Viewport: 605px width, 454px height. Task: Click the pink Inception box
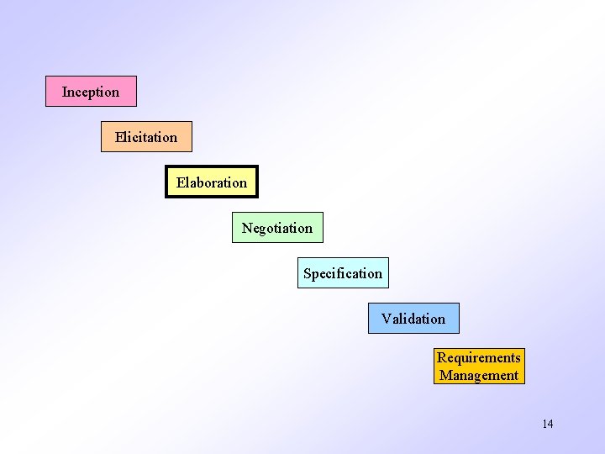tap(91, 91)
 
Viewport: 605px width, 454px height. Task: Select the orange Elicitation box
tap(146, 136)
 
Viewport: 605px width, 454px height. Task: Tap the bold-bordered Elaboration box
tap(212, 182)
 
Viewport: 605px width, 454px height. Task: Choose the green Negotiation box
tap(277, 227)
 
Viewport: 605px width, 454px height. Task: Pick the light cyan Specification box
tap(343, 272)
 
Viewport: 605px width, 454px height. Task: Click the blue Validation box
tap(413, 318)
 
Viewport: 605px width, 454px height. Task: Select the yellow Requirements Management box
tap(479, 367)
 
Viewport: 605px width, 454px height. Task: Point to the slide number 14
tap(548, 424)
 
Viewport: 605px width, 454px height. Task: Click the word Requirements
tap(479, 358)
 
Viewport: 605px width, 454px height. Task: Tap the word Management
tap(479, 376)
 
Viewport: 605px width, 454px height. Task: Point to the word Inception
tap(91, 92)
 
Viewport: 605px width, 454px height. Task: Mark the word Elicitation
tap(146, 137)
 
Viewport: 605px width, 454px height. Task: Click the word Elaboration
tap(212, 182)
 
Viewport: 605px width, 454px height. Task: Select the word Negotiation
tap(277, 228)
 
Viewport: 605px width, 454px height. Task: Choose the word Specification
tap(343, 273)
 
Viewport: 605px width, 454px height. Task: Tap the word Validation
tap(413, 319)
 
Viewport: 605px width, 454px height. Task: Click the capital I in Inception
tap(65, 92)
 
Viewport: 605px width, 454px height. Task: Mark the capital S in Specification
tap(308, 273)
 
